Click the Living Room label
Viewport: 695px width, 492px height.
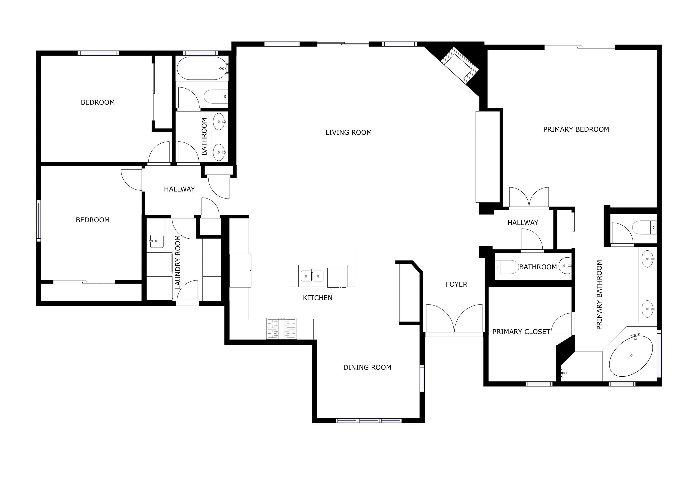click(348, 132)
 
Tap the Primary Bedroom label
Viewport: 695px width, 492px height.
click(576, 129)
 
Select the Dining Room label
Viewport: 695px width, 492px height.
click(367, 368)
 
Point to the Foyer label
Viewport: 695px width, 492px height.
click(456, 284)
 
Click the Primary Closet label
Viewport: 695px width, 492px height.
click(521, 332)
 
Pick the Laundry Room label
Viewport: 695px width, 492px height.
click(178, 262)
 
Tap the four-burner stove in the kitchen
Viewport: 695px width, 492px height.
click(281, 329)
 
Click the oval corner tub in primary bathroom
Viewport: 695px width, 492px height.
click(631, 356)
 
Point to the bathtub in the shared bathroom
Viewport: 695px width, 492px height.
click(202, 68)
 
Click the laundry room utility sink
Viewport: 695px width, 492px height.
click(156, 241)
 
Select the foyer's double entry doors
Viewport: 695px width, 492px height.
click(454, 319)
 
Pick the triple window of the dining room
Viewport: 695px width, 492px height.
click(369, 420)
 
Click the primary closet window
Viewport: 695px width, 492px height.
click(539, 384)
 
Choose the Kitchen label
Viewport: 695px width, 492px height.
click(318, 298)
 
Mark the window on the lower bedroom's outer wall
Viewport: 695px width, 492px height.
click(38, 220)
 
